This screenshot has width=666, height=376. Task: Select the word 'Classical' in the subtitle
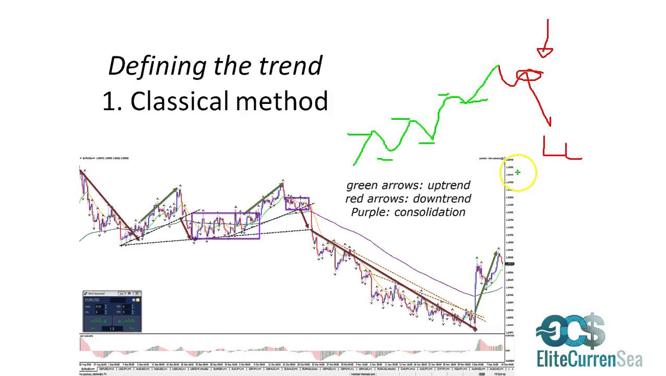tap(180, 101)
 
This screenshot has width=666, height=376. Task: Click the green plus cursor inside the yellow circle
tap(518, 172)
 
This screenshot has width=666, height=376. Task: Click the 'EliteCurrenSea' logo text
tap(589, 359)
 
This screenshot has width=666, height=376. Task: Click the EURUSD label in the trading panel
tap(94, 300)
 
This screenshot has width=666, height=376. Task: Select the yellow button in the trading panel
tap(138, 300)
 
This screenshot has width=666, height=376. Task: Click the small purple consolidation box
tap(297, 203)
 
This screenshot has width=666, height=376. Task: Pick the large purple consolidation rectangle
tap(225, 226)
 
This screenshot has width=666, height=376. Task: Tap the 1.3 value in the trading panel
tap(112, 328)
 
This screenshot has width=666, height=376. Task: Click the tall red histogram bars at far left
tap(82, 345)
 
